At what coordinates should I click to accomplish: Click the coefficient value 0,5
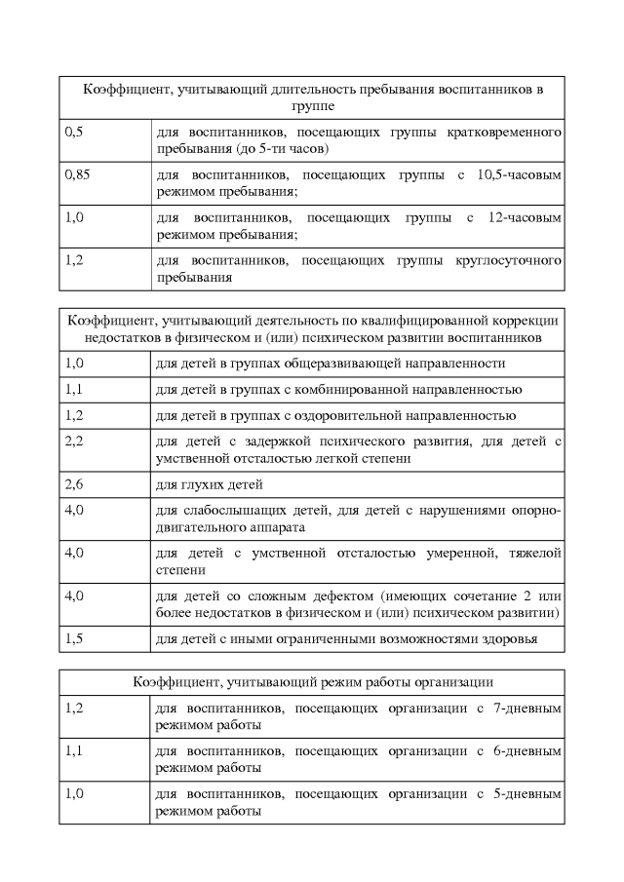(73, 131)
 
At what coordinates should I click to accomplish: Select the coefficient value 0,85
(77, 174)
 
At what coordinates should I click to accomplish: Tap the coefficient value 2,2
(74, 441)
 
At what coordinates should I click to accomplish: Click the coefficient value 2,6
(74, 484)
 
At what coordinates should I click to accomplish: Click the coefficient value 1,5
(74, 638)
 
